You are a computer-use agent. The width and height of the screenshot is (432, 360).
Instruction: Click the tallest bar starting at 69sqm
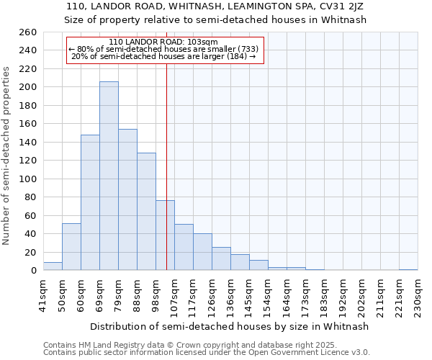[109, 176]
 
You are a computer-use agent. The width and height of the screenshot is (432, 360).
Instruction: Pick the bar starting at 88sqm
[146, 212]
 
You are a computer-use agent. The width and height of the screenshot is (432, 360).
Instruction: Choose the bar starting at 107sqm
[184, 247]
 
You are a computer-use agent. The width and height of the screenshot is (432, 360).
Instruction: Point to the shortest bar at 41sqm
[53, 266]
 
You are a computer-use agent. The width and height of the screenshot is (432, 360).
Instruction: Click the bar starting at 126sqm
[221, 258]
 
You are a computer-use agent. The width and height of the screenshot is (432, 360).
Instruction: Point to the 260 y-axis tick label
[29, 32]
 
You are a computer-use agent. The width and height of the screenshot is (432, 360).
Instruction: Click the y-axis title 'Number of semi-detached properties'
[6, 156]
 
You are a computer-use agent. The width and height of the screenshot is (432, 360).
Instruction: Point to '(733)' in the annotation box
[245, 49]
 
